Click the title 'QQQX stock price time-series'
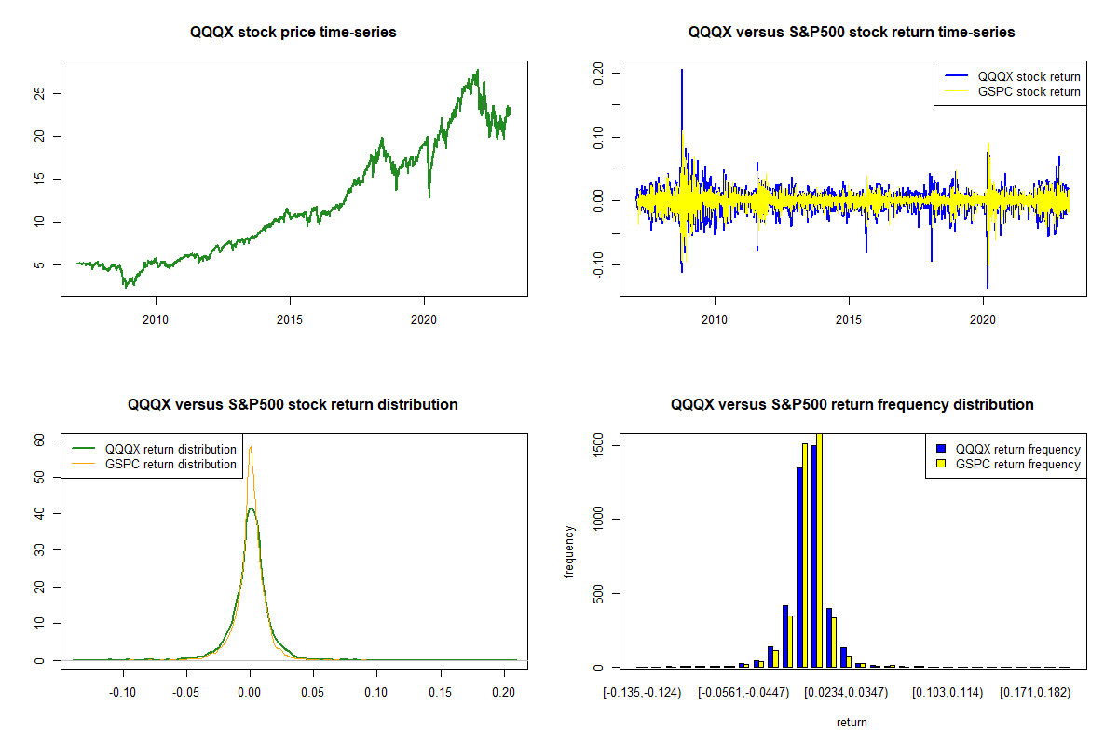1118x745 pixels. coord(293,33)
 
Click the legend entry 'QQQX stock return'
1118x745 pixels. coord(1029,76)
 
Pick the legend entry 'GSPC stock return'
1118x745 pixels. coord(1029,92)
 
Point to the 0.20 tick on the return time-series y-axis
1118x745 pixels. coord(598,72)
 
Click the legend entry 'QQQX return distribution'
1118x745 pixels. coord(170,449)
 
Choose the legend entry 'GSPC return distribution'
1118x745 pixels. coord(170,464)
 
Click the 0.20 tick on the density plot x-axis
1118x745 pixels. coord(504,692)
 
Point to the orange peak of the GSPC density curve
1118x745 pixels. coord(251,447)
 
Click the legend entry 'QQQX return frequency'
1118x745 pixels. coord(1018,449)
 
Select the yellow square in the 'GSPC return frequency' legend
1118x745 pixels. coord(941,464)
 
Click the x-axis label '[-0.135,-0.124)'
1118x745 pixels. coord(642,692)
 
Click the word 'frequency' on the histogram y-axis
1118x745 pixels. coord(569,552)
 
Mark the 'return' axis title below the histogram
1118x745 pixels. coord(852,722)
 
